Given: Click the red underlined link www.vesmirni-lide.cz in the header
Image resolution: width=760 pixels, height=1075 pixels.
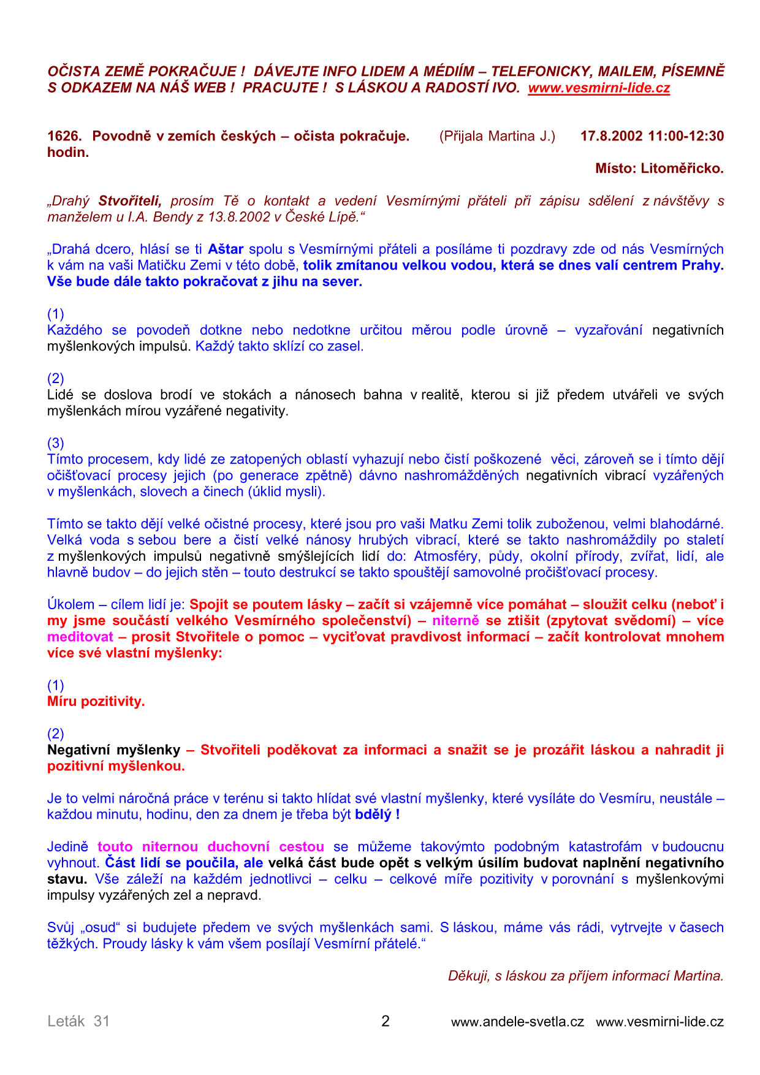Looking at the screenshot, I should click(599, 88).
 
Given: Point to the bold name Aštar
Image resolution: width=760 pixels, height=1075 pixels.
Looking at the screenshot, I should click(226, 249).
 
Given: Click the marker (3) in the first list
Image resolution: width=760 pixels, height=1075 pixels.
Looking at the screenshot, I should click(56, 443).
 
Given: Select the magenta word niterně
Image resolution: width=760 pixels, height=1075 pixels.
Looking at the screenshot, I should click(455, 621).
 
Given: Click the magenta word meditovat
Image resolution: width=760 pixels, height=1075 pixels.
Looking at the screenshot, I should click(80, 637).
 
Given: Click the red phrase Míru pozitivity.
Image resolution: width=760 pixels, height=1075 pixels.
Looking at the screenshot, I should click(96, 702).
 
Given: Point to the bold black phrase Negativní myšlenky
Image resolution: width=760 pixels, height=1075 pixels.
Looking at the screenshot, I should click(114, 750).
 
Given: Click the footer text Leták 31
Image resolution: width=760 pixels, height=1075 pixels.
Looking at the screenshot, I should click(78, 1021).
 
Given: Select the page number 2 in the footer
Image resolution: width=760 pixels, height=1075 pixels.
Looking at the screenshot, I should click(385, 1021).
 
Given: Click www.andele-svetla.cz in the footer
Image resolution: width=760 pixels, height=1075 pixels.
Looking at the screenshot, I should click(517, 1022).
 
